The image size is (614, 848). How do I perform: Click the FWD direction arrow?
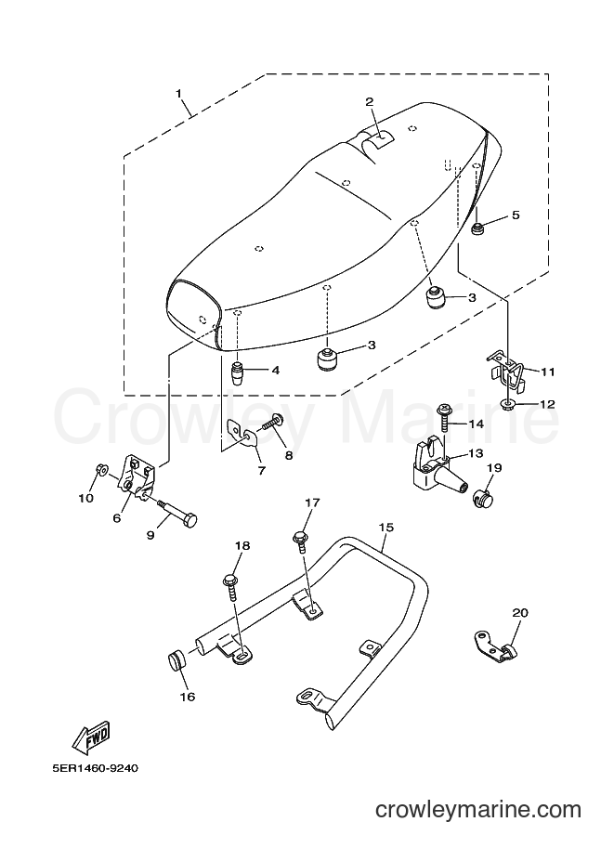93,737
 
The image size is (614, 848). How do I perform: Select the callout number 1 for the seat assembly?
178,93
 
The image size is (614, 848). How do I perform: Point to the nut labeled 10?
100,469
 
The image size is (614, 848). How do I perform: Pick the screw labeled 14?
444,416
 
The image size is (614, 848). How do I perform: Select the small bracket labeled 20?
494,644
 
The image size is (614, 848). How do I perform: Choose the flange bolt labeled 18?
230,586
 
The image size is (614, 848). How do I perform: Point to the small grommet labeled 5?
478,229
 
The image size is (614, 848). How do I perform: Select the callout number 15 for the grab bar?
385,527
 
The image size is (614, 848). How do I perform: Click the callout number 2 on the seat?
370,101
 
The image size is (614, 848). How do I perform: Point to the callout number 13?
476,453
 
